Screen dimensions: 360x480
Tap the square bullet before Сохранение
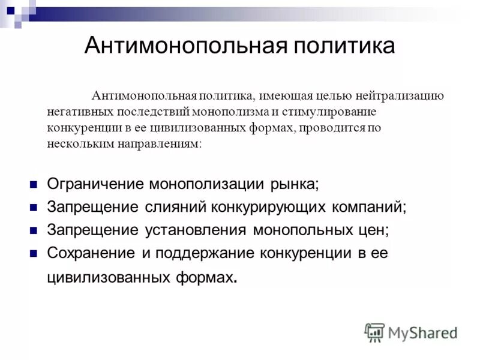(x=34, y=253)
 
